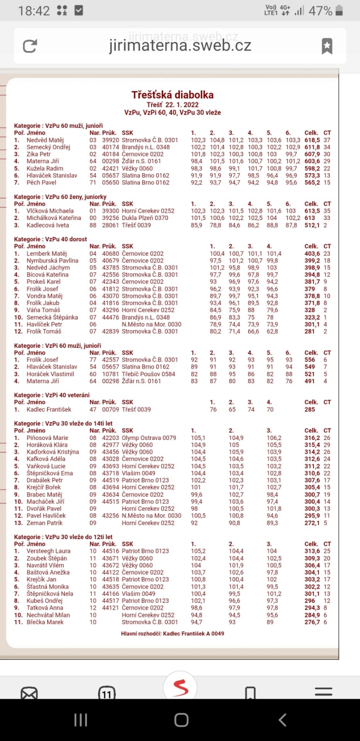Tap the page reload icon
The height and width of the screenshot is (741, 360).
[x=30, y=46]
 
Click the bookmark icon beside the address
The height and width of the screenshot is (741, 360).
[x=327, y=46]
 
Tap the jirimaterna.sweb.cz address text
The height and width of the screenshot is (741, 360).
[x=180, y=46]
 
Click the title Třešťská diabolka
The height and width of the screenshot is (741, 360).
[x=172, y=95]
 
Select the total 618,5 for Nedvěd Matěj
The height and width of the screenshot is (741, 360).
[x=312, y=140]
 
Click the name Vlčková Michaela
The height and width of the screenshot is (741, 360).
[x=50, y=211]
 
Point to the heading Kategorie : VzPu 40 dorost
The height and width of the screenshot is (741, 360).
[x=51, y=239]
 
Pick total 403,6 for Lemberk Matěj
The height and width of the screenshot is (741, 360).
[x=312, y=254]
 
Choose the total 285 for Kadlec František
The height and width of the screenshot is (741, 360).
[x=309, y=409]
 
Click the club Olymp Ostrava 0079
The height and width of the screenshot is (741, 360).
[x=149, y=438]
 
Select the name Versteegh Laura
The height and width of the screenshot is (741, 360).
[x=48, y=551]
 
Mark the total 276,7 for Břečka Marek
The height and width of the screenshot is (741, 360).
[x=312, y=622]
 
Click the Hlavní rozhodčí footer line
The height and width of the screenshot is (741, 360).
[x=172, y=634]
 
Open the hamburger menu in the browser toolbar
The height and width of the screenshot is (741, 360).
[x=323, y=692]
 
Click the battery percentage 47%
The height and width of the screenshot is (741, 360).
[x=320, y=11]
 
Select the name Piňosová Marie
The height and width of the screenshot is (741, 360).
[x=47, y=438]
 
